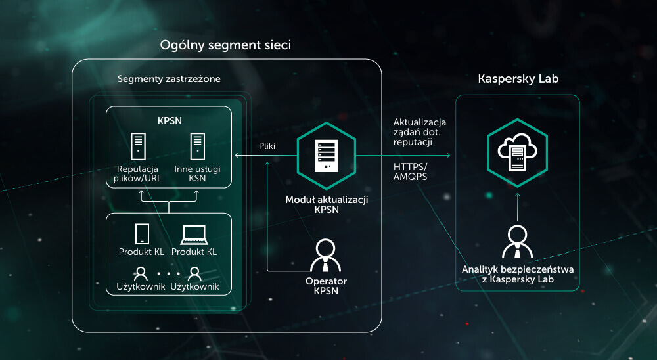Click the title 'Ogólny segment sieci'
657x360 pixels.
tap(225, 45)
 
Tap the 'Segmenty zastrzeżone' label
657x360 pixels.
tap(169, 79)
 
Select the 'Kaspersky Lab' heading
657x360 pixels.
tap(518, 79)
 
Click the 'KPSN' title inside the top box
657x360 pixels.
tap(170, 121)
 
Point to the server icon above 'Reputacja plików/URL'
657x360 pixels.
tap(138, 146)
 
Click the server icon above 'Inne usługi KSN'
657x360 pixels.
tap(197, 146)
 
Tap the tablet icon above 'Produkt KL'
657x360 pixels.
tap(142, 234)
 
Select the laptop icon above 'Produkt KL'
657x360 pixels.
tap(194, 235)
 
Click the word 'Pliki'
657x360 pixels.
tap(267, 146)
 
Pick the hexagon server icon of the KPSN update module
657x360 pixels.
tap(327, 156)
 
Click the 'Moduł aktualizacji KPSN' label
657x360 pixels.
tap(327, 204)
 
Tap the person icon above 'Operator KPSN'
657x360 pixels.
tap(326, 256)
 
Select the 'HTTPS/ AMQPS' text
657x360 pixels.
tap(410, 172)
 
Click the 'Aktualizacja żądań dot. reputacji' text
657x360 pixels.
tap(419, 132)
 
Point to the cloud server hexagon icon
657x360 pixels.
tap(518, 153)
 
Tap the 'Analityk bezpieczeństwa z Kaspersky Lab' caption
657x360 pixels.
tap(518, 275)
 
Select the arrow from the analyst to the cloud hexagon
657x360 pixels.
tap(518, 207)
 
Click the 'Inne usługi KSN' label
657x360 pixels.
tap(197, 173)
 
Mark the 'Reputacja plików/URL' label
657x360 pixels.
tap(137, 173)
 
